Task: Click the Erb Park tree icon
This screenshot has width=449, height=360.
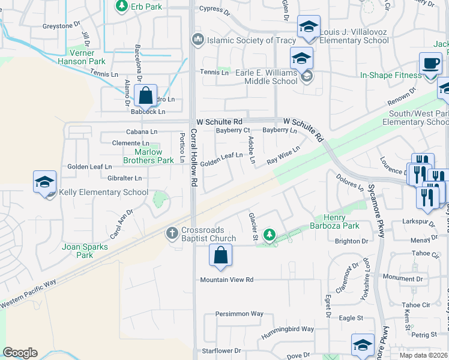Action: point(122,6)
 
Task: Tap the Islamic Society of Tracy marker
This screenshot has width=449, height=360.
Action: point(197,40)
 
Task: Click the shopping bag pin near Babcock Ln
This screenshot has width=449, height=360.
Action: point(146,95)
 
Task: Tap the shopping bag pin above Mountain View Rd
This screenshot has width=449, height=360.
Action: point(221,255)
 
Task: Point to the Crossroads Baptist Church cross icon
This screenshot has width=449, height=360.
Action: point(172,232)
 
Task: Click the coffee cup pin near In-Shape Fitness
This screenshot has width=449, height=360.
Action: point(430,63)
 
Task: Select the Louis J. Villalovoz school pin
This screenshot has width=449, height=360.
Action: point(309,27)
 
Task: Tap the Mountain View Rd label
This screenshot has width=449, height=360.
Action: point(227,280)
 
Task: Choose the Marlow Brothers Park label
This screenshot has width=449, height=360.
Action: point(148,156)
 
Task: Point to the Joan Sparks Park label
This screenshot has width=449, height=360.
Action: point(85,251)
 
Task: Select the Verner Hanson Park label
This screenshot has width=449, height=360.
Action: point(82,57)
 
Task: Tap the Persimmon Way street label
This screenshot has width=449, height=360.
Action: point(240,314)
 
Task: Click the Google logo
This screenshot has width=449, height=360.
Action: point(20,353)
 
